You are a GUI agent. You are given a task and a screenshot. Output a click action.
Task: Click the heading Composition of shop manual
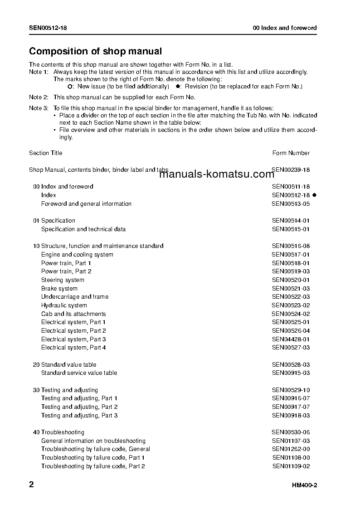pyautogui.click(x=95, y=52)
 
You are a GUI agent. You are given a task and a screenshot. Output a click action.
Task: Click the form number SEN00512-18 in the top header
pyautogui.click(x=48, y=28)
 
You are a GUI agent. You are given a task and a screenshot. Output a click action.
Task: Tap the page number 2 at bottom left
pyautogui.click(x=31, y=485)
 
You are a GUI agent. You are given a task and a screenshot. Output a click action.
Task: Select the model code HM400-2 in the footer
pyautogui.click(x=304, y=485)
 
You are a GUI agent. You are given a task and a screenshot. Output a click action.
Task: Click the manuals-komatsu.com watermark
pyautogui.click(x=217, y=174)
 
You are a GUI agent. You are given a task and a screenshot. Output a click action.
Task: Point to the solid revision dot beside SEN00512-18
pyautogui.click(x=314, y=195)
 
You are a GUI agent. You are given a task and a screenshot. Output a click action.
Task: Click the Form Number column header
pyautogui.click(x=291, y=153)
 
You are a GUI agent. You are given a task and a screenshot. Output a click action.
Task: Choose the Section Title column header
pyautogui.click(x=46, y=153)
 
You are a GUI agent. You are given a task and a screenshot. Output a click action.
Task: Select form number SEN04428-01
pyautogui.click(x=291, y=339)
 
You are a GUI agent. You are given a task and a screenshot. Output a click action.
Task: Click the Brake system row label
pyautogui.click(x=59, y=288)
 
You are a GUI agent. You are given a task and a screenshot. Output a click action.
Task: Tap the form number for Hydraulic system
pyautogui.click(x=291, y=305)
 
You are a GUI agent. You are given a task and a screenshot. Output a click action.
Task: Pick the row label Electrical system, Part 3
pyautogui.click(x=73, y=339)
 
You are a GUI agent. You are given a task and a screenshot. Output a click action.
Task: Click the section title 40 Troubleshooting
pyautogui.click(x=58, y=432)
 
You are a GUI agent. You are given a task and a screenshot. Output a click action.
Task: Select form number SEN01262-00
pyautogui.click(x=291, y=449)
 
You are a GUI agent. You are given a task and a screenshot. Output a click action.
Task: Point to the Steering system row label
pyautogui.click(x=63, y=280)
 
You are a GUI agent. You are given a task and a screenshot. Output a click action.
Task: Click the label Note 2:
pyautogui.click(x=39, y=97)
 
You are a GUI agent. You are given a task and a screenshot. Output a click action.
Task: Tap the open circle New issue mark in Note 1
pyautogui.click(x=70, y=86)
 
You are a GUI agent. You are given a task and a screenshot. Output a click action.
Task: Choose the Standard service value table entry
pyautogui.click(x=79, y=373)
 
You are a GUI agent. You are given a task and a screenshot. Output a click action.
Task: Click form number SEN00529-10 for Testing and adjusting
pyautogui.click(x=291, y=390)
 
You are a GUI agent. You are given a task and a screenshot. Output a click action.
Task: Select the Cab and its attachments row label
pyautogui.click(x=73, y=314)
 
